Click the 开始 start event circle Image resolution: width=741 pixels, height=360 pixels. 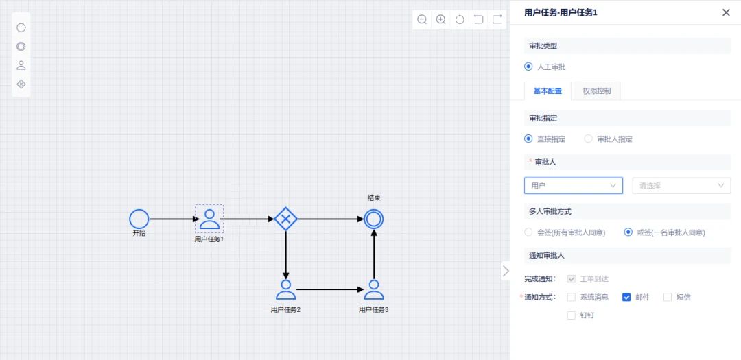point(139,219)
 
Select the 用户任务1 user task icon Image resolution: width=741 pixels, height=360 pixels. point(209,219)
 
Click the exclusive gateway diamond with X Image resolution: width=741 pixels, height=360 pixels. point(285,219)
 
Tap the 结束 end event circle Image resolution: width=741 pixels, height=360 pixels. point(374,219)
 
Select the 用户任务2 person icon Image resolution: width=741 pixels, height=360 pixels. point(285,289)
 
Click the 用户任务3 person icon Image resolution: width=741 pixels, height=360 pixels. point(374,289)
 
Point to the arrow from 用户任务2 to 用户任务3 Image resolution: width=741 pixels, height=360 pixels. point(330,289)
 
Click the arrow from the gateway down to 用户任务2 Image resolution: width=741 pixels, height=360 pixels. point(285,254)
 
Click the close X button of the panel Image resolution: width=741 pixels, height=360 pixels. point(726,12)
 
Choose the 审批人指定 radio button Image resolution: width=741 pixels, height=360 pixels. point(588,139)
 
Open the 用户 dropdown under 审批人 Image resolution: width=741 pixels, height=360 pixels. point(573,185)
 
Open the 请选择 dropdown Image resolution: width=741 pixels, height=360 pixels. point(681,185)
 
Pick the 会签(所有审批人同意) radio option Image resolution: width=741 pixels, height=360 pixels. point(528,232)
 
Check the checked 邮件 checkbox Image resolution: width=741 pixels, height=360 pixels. point(626,298)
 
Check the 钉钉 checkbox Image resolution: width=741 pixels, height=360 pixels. point(572,315)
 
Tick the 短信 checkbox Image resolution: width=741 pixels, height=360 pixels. point(668,298)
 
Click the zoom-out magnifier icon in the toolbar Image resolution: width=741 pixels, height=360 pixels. point(422,19)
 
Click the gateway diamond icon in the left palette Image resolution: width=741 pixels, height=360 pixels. point(21,84)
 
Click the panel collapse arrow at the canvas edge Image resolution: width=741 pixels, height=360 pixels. point(506,271)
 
